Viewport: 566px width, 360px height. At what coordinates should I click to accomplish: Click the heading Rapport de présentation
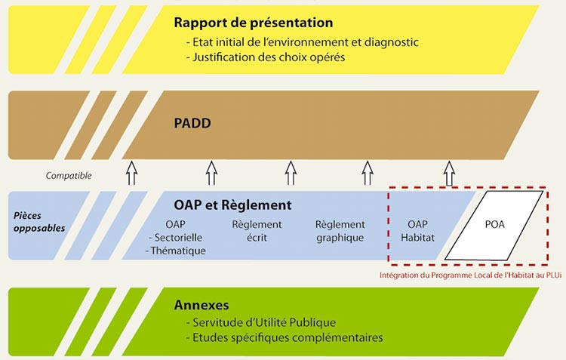[x=254, y=23]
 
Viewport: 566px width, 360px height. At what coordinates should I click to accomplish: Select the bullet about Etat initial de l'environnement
[x=302, y=42]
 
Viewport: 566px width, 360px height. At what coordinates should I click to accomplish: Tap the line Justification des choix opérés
[x=266, y=57]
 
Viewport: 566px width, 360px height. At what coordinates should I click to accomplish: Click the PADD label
[x=192, y=124]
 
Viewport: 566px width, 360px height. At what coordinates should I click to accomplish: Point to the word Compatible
[x=69, y=176]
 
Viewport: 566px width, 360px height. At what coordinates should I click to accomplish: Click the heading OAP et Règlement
[x=232, y=205]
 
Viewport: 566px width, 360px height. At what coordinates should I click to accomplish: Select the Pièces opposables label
[x=39, y=222]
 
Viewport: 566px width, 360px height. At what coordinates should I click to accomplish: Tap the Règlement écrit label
[x=257, y=231]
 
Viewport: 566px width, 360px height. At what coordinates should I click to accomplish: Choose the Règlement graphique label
[x=340, y=231]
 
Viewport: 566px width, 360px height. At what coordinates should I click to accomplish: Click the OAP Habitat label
[x=417, y=231]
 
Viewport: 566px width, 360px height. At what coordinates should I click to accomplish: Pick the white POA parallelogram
[x=494, y=226]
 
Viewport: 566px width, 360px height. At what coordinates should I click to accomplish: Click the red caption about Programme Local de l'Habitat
[x=470, y=275]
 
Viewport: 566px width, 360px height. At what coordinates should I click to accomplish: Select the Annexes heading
[x=201, y=305]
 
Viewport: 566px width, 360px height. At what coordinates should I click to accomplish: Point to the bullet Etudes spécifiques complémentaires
[x=285, y=337]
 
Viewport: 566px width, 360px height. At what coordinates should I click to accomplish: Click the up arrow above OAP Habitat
[x=449, y=174]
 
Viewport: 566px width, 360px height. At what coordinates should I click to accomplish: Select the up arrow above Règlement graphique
[x=368, y=174]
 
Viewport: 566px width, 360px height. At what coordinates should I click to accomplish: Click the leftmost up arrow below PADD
[x=132, y=174]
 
